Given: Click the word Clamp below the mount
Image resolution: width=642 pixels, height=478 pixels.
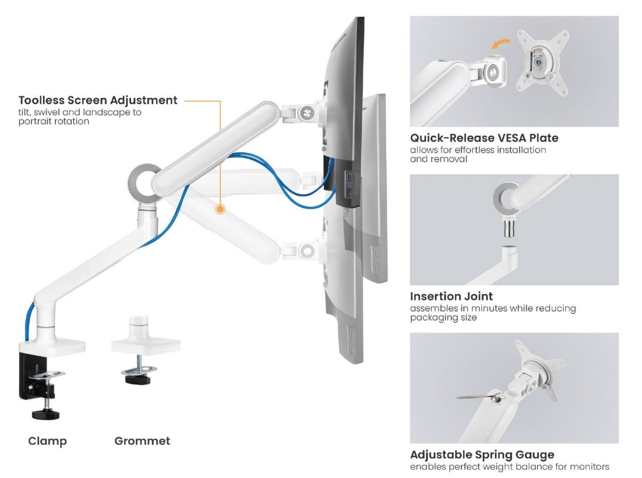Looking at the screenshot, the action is pyautogui.click(x=48, y=442).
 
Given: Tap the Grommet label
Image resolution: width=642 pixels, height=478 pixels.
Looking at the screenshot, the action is pyautogui.click(x=142, y=441).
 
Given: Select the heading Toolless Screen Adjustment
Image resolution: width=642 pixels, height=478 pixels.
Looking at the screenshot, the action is pyautogui.click(x=98, y=101).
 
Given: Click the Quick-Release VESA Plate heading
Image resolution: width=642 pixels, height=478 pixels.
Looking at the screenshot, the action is pyautogui.click(x=484, y=138).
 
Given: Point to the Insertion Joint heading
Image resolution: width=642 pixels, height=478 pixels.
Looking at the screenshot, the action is pyautogui.click(x=451, y=296).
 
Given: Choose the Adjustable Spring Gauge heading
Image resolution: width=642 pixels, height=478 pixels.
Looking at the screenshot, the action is pyautogui.click(x=482, y=455).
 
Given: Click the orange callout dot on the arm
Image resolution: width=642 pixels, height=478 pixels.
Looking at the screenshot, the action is pyautogui.click(x=220, y=209).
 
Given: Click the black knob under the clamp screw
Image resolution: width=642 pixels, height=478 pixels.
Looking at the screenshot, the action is pyautogui.click(x=45, y=414).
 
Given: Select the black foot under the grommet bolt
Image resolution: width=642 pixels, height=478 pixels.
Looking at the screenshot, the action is pyautogui.click(x=139, y=380).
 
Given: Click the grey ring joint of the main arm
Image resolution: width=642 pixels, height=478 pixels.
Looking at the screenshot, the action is pyautogui.click(x=145, y=183).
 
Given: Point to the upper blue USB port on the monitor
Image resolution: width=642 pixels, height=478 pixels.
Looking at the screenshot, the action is pyautogui.click(x=348, y=177).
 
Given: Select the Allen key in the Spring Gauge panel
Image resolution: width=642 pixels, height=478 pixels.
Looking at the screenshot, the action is pyautogui.click(x=478, y=397).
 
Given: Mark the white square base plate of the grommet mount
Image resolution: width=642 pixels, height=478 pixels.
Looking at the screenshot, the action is pyautogui.click(x=146, y=345).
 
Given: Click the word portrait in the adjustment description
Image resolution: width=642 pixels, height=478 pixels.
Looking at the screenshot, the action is pyautogui.click(x=34, y=122).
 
